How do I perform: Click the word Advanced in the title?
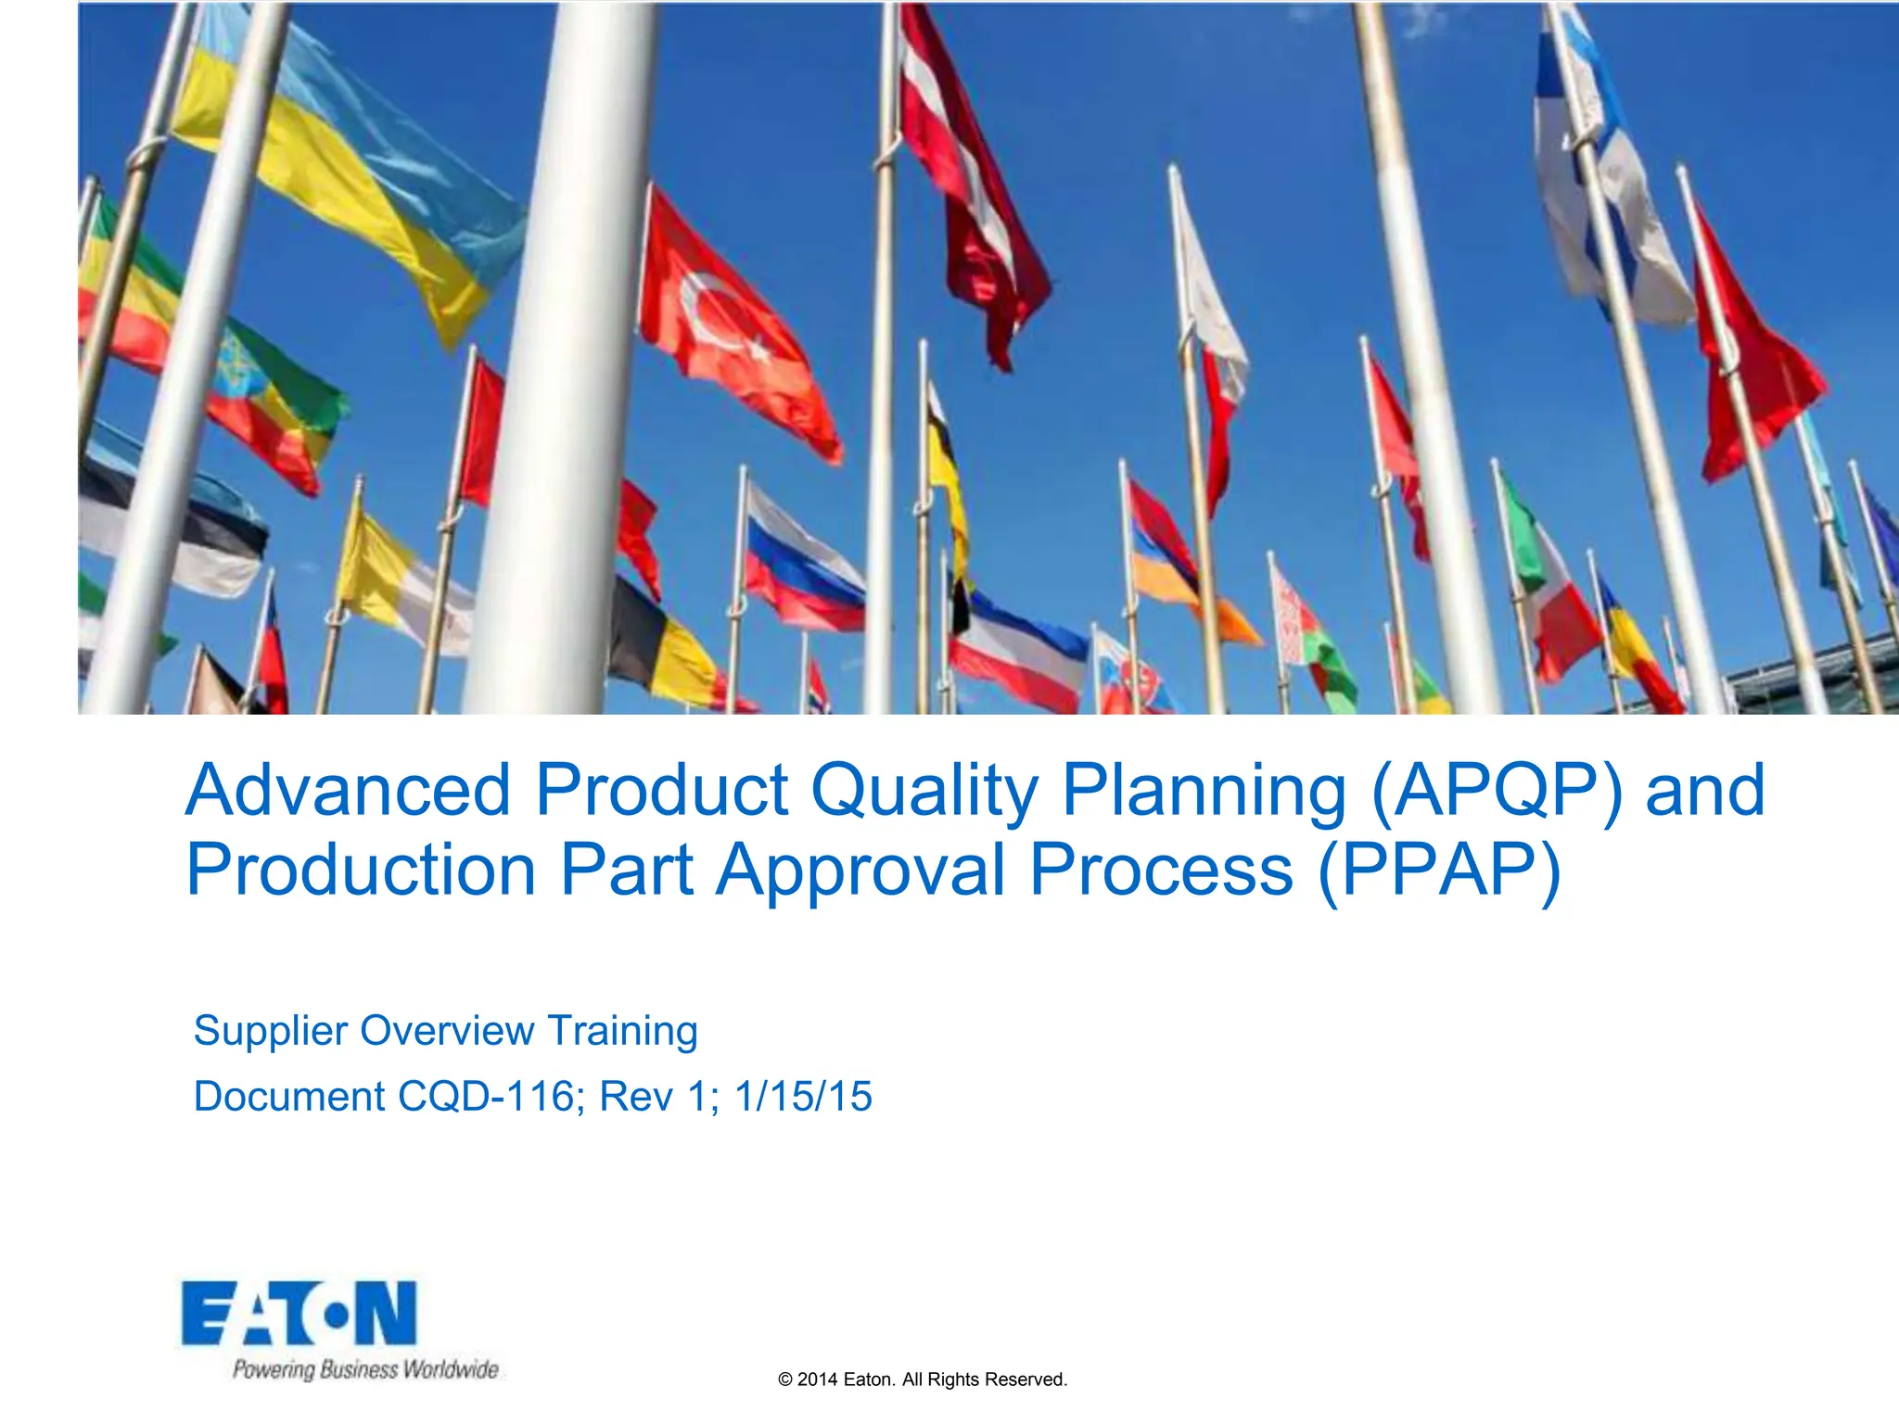348,790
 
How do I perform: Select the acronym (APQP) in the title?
1497,792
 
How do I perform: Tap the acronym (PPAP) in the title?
1439,871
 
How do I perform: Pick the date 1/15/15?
803,1097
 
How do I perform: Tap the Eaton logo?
300,1313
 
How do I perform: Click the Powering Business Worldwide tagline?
365,1369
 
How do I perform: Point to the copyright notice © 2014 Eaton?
923,1379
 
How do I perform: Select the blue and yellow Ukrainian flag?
352,176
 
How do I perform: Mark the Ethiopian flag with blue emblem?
269,389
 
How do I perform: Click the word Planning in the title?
1203,792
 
